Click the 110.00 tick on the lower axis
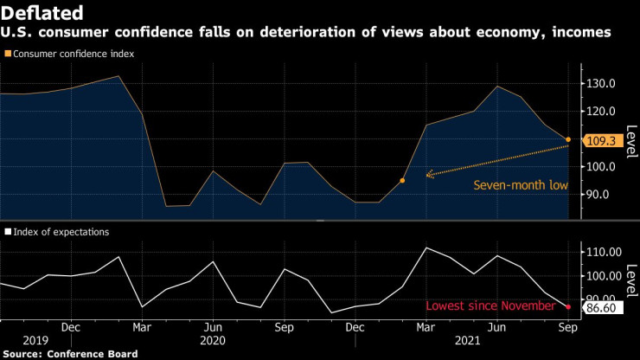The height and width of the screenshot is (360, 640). pos(604,252)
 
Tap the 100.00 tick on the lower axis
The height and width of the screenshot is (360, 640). pos(604,276)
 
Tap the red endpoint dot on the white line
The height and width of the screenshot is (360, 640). pos(568,306)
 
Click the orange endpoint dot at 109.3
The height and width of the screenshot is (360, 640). pos(568,139)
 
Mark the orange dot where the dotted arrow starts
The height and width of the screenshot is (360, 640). pos(402,181)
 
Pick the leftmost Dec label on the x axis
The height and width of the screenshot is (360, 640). pos(71,328)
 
